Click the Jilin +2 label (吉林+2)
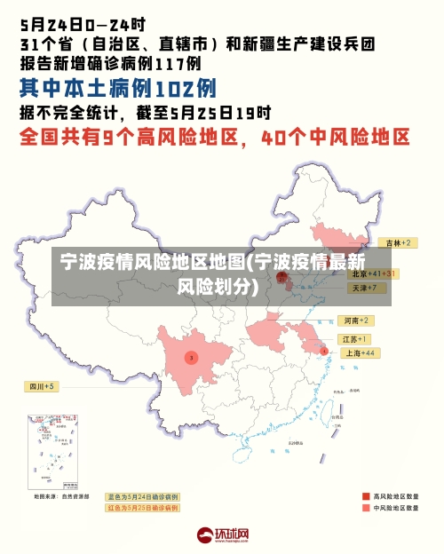[395, 242]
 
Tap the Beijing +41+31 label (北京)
[374, 274]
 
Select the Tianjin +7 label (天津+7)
[368, 289]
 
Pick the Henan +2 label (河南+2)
[356, 320]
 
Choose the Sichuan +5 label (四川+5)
[41, 386]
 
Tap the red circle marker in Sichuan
[191, 357]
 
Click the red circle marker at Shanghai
[323, 351]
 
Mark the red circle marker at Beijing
[282, 277]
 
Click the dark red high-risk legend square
[365, 495]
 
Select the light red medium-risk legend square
[365, 508]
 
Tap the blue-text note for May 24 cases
[142, 496]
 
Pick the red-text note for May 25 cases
[142, 508]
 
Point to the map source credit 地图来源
[61, 496]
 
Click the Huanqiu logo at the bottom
[222, 535]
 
